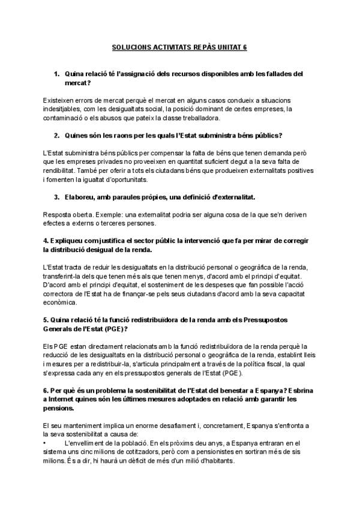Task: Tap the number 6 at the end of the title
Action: tap(245, 46)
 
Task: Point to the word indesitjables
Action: tap(64, 109)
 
